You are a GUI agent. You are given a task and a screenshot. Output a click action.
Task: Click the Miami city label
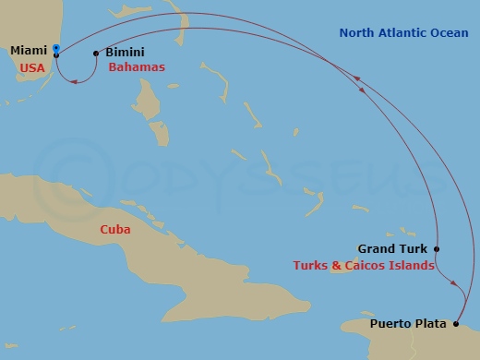28,52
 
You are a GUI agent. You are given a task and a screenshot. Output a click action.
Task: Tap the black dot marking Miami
56,54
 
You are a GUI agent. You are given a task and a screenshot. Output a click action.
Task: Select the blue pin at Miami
56,48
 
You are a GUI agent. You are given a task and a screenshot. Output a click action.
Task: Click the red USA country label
32,67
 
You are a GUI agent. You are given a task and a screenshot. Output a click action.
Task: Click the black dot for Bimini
96,54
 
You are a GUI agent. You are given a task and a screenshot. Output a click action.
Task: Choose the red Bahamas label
137,68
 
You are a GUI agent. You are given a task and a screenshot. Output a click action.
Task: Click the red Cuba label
116,229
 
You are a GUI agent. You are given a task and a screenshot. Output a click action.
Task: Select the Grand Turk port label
390,248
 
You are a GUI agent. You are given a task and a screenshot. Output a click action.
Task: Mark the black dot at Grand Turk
437,248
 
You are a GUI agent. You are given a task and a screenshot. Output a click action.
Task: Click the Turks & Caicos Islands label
363,266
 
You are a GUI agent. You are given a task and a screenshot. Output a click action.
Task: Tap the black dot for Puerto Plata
456,324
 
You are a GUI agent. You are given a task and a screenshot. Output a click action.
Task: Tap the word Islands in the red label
414,266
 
